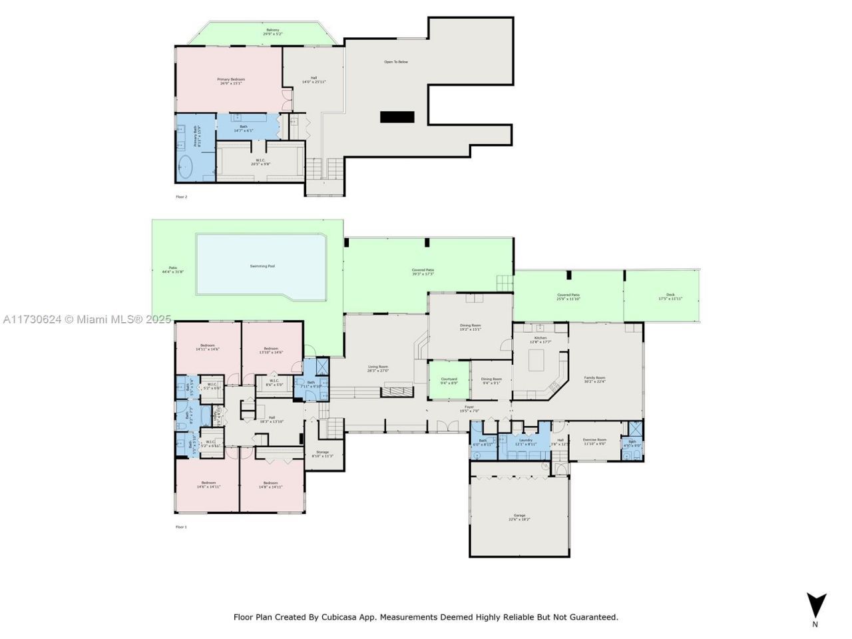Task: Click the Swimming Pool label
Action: pos(262,266)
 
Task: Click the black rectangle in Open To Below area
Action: pos(397,117)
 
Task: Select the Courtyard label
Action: pos(449,380)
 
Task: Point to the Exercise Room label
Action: pos(594,441)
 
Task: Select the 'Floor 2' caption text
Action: pos(181,197)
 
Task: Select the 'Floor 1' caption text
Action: pos(181,527)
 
